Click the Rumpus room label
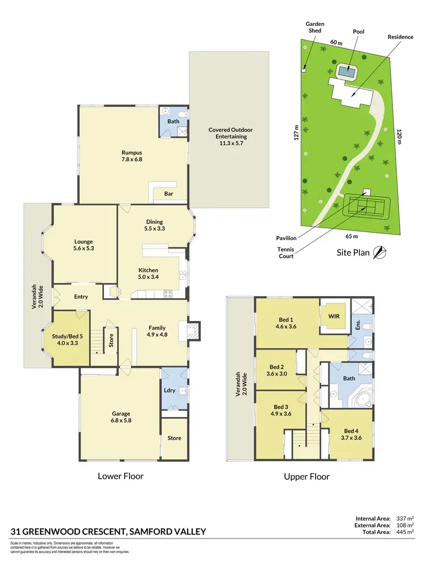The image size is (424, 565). [131, 156]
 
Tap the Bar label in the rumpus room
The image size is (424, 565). [168, 194]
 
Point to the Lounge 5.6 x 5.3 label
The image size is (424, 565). [83, 245]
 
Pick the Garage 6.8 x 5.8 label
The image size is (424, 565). [121, 416]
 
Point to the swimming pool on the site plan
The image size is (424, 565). [347, 72]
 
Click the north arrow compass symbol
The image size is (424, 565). [382, 253]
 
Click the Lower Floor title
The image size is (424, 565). [120, 476]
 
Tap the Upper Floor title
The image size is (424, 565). [306, 476]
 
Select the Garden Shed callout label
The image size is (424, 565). [314, 28]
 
